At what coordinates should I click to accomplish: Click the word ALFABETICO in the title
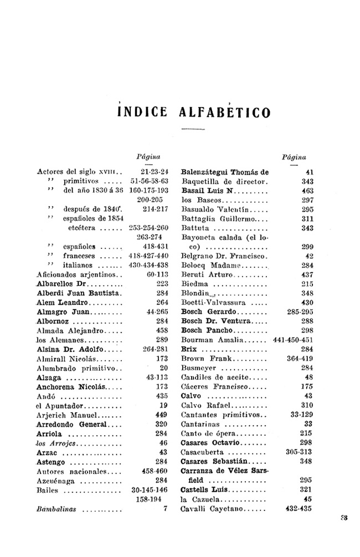tap(226, 111)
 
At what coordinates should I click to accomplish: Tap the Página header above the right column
tap(295, 157)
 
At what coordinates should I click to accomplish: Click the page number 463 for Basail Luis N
tap(307, 191)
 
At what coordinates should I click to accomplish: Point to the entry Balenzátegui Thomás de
tap(224, 172)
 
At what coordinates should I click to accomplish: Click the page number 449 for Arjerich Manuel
tap(161, 415)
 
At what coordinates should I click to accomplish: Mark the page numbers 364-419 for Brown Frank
tap(300, 359)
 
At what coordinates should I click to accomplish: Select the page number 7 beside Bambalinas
tap(165, 508)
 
